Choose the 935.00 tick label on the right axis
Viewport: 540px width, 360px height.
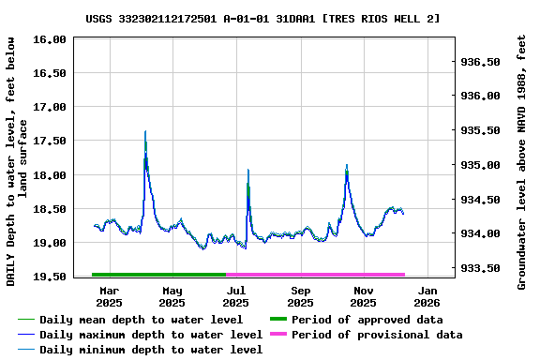pyautogui.click(x=480, y=165)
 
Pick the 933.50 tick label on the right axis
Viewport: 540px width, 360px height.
pyautogui.click(x=480, y=268)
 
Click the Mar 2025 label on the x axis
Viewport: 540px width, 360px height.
pyautogui.click(x=109, y=296)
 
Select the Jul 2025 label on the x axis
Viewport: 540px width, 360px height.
pyautogui.click(x=236, y=296)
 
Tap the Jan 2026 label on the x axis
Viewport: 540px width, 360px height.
pyautogui.click(x=427, y=296)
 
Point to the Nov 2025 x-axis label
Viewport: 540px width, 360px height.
pyautogui.click(x=364, y=296)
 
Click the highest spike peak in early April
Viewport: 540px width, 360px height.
pyautogui.click(x=145, y=132)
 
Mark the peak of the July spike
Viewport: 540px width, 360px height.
pyautogui.click(x=247, y=171)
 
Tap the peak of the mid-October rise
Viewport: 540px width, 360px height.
pyautogui.click(x=347, y=166)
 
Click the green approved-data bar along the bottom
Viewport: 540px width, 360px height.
pyautogui.click(x=159, y=275)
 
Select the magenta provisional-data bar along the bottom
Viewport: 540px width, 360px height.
pyautogui.click(x=315, y=275)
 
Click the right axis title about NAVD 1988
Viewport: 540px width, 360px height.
pyautogui.click(x=522, y=161)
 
